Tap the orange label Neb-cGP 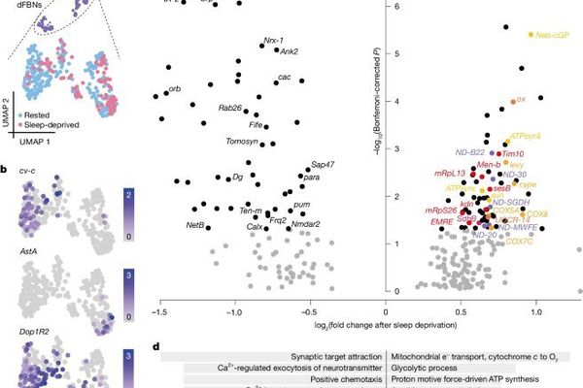tap(550, 34)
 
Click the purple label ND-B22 tap(471, 152)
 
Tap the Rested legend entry tap(46, 114)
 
